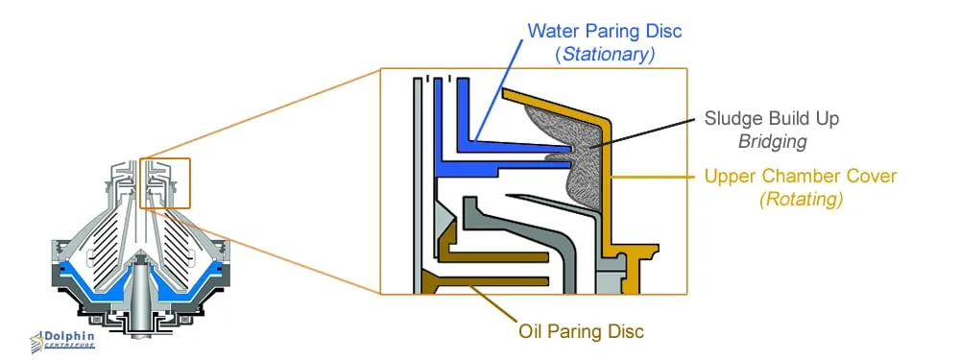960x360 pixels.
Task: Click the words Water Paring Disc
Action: [x=604, y=31]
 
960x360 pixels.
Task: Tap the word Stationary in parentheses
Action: [x=605, y=55]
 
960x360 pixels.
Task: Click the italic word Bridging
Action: [x=772, y=142]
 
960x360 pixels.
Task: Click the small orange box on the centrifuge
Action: [x=165, y=182]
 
